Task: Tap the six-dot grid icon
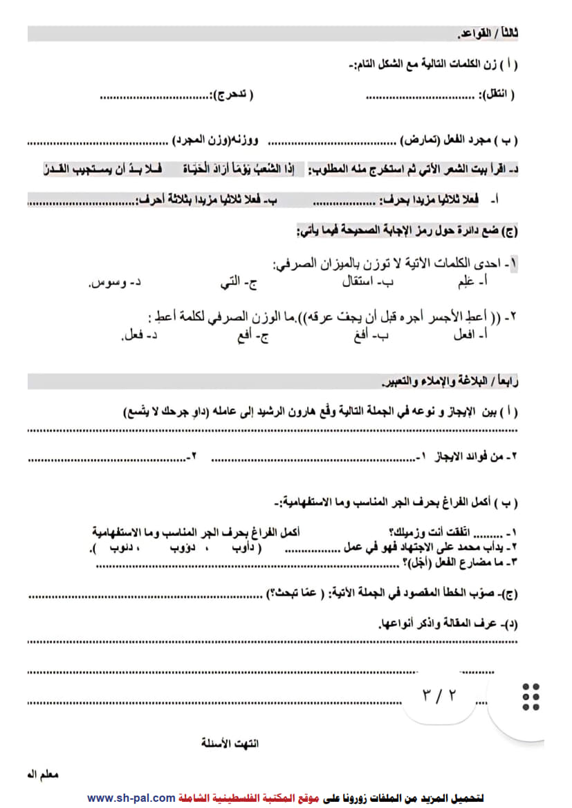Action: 531,697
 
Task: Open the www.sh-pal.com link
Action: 131,798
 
